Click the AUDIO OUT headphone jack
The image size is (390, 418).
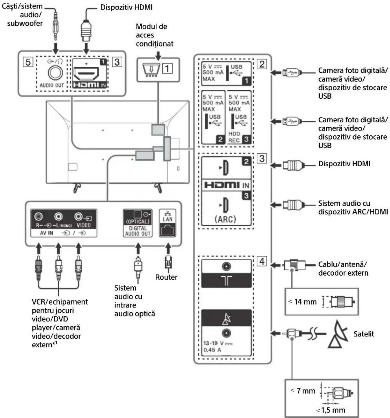click(55, 72)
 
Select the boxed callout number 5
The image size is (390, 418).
click(28, 62)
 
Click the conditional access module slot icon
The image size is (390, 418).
click(151, 70)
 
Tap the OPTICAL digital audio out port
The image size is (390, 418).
click(138, 214)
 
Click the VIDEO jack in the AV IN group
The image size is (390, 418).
click(78, 216)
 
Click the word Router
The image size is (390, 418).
click(166, 277)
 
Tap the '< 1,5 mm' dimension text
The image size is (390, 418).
click(330, 410)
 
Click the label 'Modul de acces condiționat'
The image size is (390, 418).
click(154, 35)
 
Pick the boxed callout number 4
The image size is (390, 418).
click(262, 261)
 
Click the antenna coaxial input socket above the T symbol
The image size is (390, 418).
click(226, 266)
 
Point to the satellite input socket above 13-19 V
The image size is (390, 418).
click(226, 333)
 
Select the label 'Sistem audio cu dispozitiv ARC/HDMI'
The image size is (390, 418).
click(353, 207)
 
